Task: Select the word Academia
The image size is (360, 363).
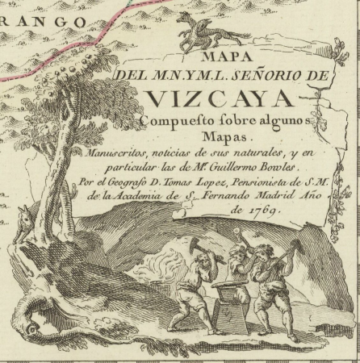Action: pos(193,196)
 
